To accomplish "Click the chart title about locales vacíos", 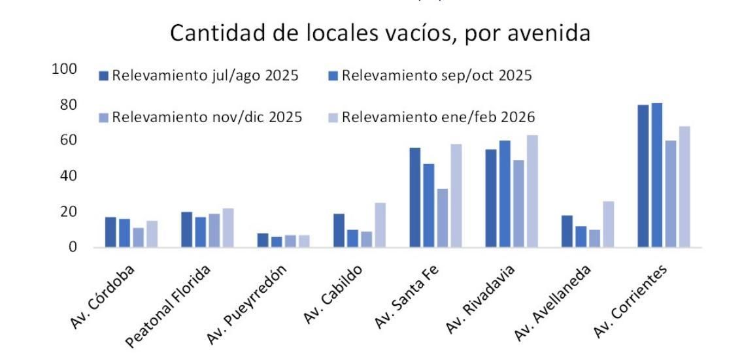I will tap(380, 33).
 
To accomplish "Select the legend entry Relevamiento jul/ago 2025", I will tap(199, 76).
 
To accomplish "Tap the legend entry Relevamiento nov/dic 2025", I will tap(201, 118).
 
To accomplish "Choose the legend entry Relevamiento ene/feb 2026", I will tap(431, 118).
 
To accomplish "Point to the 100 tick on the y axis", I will tap(65, 69).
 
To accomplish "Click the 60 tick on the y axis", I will tap(69, 140).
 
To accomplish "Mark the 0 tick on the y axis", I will tap(73, 248).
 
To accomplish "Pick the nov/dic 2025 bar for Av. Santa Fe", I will tap(442, 218).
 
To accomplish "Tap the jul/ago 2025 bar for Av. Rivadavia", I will tap(491, 199).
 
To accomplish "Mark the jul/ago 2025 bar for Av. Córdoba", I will tap(111, 233).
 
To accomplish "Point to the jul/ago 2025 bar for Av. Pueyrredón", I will tap(263, 240).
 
